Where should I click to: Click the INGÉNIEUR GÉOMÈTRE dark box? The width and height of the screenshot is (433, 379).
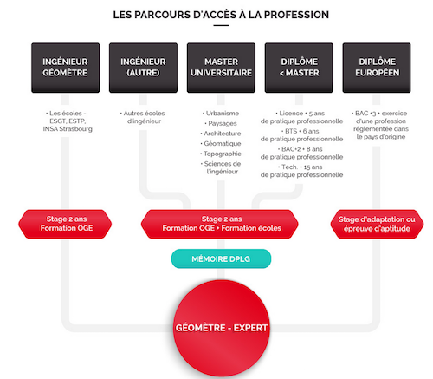(66, 68)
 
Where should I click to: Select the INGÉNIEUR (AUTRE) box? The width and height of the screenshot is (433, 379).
(143, 68)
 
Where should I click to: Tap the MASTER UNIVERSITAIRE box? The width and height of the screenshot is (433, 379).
(221, 68)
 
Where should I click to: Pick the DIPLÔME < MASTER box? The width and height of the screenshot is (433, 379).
(299, 68)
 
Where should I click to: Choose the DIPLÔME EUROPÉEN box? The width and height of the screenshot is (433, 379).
(377, 68)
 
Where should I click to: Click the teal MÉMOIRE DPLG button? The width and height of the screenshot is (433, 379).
(221, 258)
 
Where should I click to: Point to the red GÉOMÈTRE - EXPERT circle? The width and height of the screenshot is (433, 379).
(222, 328)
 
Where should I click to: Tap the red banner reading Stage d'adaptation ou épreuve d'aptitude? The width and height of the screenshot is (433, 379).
(377, 224)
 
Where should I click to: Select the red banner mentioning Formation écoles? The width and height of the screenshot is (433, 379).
(220, 224)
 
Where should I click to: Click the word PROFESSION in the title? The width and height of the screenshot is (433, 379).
(296, 15)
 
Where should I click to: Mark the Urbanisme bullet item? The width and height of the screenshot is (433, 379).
(221, 114)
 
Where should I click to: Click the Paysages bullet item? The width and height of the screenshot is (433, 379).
(221, 123)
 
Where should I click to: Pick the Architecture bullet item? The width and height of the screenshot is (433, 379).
(221, 134)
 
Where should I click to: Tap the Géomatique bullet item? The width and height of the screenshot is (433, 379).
(221, 144)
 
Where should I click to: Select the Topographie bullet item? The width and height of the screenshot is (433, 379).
(221, 154)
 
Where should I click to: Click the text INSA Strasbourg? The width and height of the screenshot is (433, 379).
(68, 129)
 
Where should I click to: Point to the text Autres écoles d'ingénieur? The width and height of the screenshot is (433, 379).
(143, 117)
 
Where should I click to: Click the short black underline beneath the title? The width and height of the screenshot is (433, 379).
(221, 25)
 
